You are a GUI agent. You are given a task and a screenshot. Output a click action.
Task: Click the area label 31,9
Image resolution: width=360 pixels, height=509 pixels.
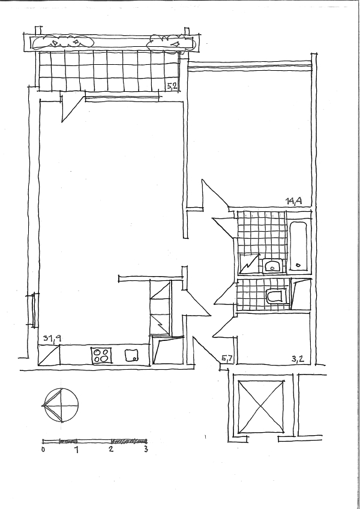point(52,339)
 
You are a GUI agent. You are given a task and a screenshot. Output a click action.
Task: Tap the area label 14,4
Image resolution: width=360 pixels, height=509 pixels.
point(294,201)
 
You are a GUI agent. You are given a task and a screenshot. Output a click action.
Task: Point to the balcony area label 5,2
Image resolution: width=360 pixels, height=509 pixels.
point(172,86)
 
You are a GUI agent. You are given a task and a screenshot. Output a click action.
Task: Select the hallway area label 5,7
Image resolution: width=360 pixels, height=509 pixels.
point(227,359)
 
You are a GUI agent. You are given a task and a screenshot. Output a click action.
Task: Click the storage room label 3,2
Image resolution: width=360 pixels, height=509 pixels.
point(298,359)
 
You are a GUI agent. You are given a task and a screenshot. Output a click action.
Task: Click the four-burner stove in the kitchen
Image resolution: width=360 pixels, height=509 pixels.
point(101,355)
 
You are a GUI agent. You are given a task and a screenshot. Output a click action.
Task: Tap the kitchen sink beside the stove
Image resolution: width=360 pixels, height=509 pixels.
point(131,355)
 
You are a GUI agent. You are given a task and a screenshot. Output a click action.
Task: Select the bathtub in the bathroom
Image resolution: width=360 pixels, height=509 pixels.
point(299,245)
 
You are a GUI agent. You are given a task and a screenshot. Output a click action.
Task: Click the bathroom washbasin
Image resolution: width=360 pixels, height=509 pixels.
point(272,266)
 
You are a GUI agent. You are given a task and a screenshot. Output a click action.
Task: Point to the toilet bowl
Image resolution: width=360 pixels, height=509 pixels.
point(274,296)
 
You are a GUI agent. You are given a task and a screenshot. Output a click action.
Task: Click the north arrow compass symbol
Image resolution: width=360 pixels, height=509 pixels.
point(61,405)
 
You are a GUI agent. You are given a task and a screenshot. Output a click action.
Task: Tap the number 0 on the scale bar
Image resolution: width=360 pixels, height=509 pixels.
point(43,450)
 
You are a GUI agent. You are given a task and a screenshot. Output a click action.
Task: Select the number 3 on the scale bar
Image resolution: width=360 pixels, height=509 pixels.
point(146,449)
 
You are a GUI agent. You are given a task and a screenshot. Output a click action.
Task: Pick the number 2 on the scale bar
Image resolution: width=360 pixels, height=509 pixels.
point(112,450)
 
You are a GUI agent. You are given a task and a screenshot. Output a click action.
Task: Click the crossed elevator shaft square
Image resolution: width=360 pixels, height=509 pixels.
point(261,407)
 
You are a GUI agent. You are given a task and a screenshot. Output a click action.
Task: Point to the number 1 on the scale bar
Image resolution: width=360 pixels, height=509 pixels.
point(77,450)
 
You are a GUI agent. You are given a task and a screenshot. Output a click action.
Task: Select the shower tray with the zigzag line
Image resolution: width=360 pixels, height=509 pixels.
point(250,264)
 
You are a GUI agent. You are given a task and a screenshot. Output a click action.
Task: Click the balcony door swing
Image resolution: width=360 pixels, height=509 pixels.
point(72,108)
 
